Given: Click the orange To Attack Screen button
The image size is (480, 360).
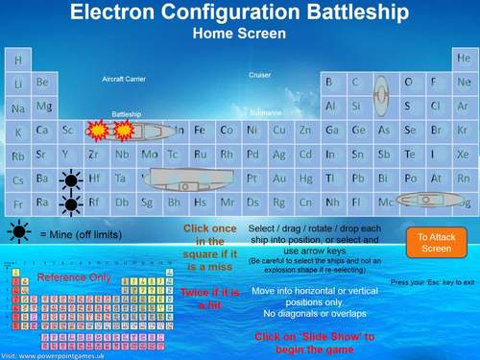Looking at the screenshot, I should point(436,242).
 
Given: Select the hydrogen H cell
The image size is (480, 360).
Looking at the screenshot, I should point(17,60).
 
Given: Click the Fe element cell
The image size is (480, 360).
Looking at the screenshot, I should point(200,131).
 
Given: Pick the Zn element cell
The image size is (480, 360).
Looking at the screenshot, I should point(304,131).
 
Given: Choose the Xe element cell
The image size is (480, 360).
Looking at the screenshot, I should point(464,155).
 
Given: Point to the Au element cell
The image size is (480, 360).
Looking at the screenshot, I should point(278,179).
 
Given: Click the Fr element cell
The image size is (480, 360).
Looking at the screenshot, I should point(17,203).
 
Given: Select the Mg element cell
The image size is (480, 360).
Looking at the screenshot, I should point(43,107).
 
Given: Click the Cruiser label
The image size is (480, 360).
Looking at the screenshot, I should point(260,75).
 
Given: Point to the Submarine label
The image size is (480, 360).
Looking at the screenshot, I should point(266,112).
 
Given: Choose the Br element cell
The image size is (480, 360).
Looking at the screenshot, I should point(437,131).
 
